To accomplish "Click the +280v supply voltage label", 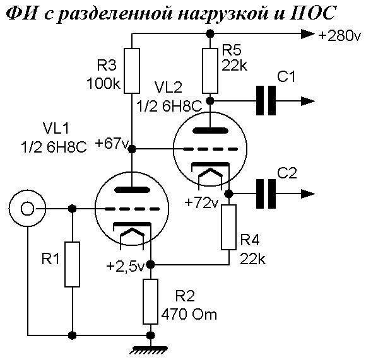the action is tap(339, 35).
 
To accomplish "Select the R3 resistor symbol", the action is tap(132, 71).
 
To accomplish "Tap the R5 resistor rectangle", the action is tap(210, 71).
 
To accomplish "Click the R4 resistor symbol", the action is tap(228, 228).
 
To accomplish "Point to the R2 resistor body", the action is tap(150, 302).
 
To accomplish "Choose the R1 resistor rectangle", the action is tap(72, 264).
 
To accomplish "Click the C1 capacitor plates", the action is tap(266, 101).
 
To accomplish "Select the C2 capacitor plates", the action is tap(266, 194).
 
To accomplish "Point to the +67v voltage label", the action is tap(112, 143).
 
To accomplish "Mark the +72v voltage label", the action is tap(201, 202).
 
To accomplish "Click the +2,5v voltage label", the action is tap(125, 266).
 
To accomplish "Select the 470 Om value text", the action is tap(189, 315).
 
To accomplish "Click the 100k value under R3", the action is tap(103, 83).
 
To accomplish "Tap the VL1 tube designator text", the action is tap(56, 128).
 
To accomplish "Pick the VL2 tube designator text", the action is tap(168, 88).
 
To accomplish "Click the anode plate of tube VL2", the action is tap(210, 131).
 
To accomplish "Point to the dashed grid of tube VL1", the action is tap(132, 209).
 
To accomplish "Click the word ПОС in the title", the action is tap(313, 13).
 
